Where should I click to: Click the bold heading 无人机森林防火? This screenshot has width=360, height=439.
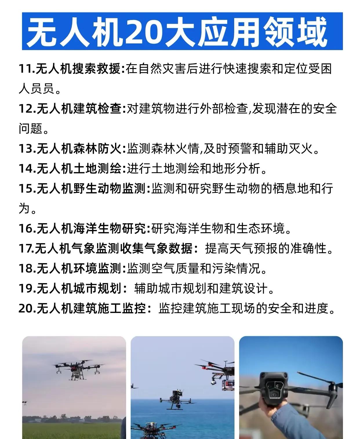point(79,149)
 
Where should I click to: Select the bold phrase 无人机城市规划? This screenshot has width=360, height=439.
point(79,288)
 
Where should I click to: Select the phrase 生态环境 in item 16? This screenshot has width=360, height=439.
point(260,228)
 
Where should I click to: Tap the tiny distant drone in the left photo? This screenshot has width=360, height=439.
point(25,403)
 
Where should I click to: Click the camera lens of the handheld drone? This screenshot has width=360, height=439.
point(275,394)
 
